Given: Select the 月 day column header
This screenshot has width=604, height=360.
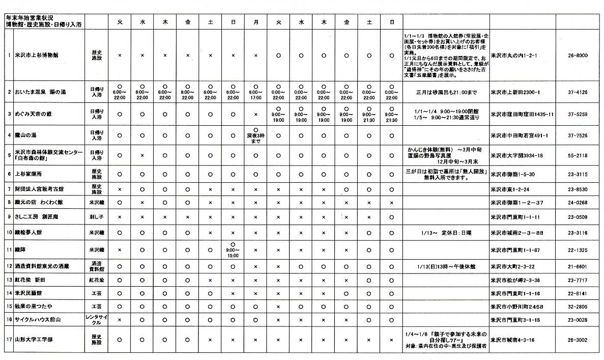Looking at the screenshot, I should point(256,22).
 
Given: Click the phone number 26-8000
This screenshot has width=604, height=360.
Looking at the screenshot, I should point(579,55).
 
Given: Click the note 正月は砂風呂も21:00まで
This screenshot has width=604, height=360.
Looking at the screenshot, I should point(446,92).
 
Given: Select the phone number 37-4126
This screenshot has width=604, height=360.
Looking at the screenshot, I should point(579,92).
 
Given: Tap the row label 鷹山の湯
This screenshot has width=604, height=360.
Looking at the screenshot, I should point(26,135).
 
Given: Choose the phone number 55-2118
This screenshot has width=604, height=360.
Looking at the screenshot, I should point(579,155).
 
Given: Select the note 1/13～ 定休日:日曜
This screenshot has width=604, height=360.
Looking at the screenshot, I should point(446,233).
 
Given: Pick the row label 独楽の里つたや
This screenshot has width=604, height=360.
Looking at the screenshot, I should point(34,307).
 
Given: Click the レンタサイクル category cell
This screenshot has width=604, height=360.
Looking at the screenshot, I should point(97,319).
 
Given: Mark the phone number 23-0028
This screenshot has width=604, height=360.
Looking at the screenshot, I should point(579,320).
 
